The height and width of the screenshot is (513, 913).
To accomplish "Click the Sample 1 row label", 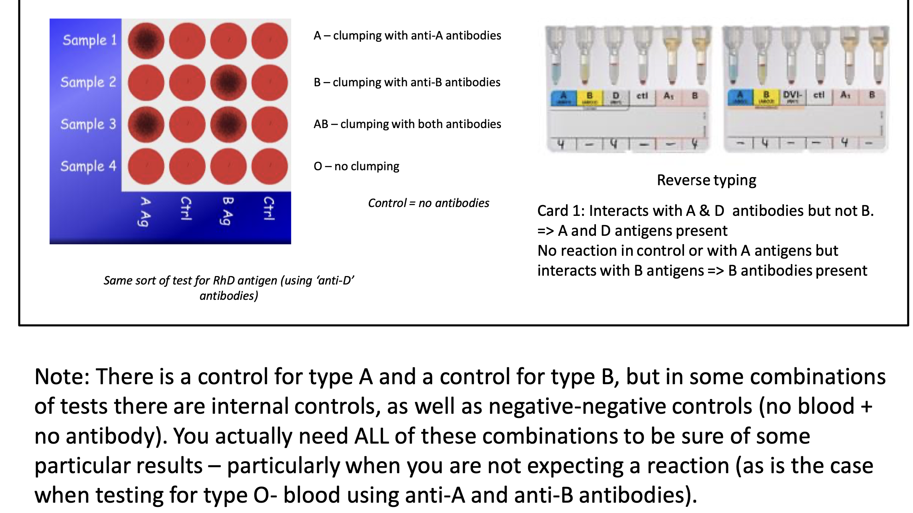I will [90, 40].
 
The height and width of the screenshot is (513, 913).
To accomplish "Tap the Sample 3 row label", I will [88, 124].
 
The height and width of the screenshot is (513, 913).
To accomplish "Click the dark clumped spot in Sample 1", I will [146, 41].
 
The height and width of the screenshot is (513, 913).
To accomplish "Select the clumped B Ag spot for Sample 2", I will [229, 82].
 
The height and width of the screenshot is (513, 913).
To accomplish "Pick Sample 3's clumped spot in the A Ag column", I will [146, 125].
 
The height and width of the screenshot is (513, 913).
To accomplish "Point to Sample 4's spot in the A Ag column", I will [146, 166].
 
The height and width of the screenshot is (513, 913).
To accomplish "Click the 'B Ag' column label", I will [227, 211].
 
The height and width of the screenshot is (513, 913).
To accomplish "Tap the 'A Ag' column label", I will [145, 211].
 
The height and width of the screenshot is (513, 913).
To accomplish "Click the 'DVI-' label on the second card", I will [792, 96].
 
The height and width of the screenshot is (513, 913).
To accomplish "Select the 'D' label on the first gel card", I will [615, 97].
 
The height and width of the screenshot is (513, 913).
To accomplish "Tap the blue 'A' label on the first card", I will [563, 97].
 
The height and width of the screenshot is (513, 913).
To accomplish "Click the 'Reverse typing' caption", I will [706, 180].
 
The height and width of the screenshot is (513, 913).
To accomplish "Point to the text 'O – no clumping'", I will [356, 166].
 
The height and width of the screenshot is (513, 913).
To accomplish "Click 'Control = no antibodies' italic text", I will [428, 203].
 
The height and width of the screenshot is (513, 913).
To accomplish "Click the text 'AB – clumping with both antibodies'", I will [407, 124].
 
